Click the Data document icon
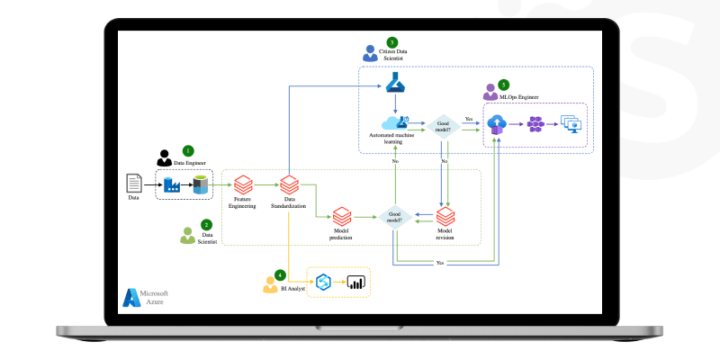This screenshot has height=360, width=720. coord(134,184)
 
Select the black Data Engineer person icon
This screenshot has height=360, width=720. coord(165,157)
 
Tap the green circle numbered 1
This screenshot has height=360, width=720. coord(188,150)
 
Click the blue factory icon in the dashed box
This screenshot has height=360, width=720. coord(171,184)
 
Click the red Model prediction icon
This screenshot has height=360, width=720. coord(341,217)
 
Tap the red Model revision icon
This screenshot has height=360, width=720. coord(445,217)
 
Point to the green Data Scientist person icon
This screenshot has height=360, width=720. coord(186,236)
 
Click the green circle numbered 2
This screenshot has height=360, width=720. coord(207,224)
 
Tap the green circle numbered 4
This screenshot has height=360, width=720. coord(280,274)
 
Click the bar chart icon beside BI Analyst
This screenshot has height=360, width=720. coord(356,283)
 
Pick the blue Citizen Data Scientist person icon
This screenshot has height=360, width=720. coord(369,53)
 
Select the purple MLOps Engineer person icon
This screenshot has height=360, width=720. coord(490,92)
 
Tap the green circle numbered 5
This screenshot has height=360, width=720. coord(503,84)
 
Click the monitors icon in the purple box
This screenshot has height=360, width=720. coord(571,123)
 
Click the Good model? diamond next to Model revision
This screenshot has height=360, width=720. coord(393,217)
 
